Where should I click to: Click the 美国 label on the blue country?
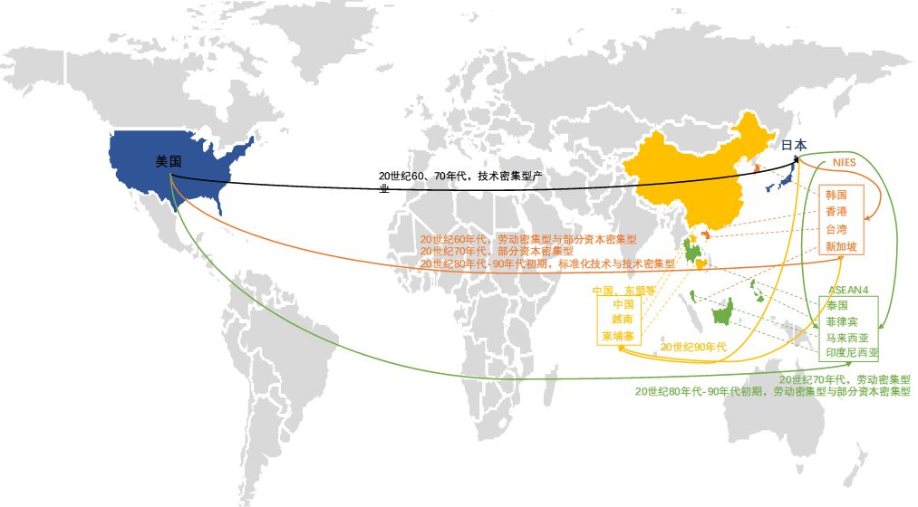point(169,161)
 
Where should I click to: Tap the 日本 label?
point(794,145)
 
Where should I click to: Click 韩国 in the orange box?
point(836,195)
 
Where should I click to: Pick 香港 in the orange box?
point(836,212)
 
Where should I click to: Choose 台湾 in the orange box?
point(836,229)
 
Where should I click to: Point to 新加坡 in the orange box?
point(840,246)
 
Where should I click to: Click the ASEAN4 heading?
point(848,290)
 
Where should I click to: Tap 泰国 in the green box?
point(836,306)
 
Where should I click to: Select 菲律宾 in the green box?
point(841,321)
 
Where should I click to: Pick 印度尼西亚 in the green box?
point(852,352)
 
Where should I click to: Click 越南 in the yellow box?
point(623,320)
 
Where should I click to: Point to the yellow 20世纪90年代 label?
point(693,347)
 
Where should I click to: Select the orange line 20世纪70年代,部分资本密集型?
point(497,251)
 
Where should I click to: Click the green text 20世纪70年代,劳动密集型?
point(844,379)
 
